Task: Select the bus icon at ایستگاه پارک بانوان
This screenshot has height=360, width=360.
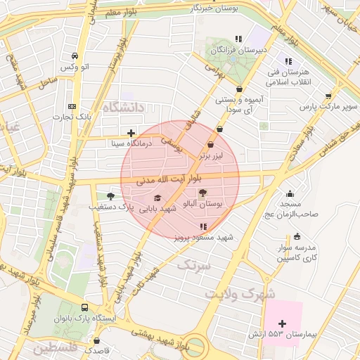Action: pyautogui.click(x=85, y=308)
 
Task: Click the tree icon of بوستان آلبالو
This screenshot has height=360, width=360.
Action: pyautogui.click(x=203, y=193)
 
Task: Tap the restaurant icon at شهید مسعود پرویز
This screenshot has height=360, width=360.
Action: pyautogui.click(x=203, y=226)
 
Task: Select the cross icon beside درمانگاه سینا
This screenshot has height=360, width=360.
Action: pyautogui.click(x=131, y=132)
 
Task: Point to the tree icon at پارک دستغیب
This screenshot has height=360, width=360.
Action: pyautogui.click(x=110, y=196)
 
